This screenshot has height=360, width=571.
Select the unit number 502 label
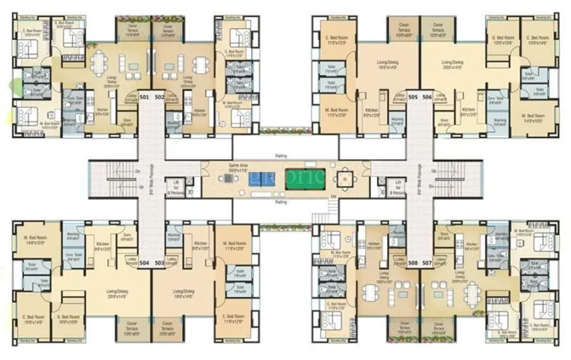159,96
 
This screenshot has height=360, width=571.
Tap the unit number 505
413,96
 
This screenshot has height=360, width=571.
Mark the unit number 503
159,263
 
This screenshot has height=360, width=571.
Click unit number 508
413,263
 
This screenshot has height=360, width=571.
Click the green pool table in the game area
305,178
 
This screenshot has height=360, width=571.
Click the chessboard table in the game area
227,179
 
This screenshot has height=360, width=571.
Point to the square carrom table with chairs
345,178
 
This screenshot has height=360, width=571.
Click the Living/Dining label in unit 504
117,295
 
